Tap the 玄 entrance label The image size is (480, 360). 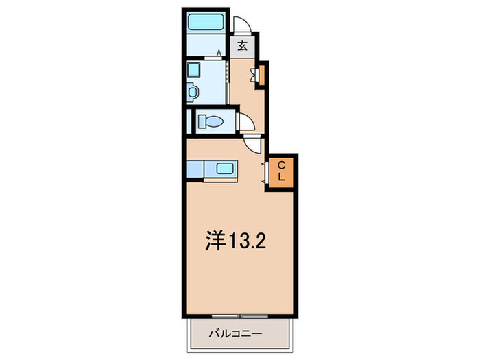point(242,46)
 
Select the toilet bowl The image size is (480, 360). point(213,122)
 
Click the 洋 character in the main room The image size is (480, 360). point(215,241)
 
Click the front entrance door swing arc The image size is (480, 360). point(242,25)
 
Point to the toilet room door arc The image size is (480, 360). point(247,122)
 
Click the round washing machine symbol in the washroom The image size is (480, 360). point(193,91)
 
